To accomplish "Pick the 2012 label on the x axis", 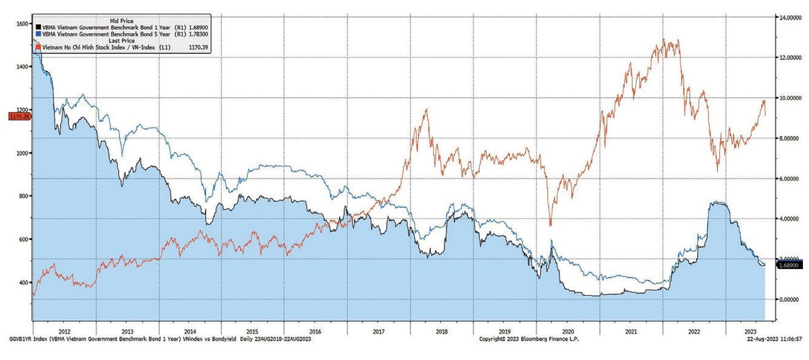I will pos(65,332).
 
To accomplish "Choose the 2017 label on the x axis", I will pos(378,332).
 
